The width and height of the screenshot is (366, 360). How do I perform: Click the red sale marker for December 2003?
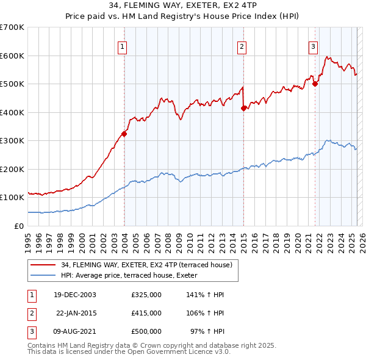[124, 134]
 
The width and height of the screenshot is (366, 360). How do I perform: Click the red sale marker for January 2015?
[243, 109]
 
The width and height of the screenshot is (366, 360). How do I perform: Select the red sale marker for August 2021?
[315, 84]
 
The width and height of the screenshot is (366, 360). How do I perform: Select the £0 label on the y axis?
[19, 226]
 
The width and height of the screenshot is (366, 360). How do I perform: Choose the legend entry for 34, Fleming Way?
[146, 265]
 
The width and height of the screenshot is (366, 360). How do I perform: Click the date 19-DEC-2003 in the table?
[75, 295]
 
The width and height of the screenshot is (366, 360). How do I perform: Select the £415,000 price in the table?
[146, 313]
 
